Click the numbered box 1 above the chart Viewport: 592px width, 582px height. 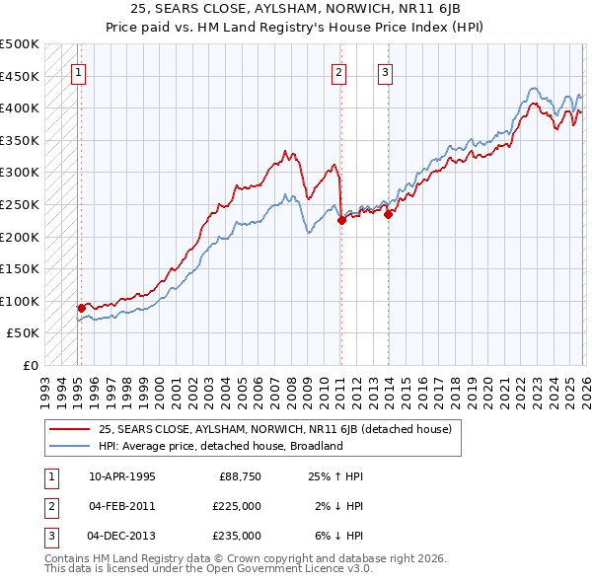coord(77,71)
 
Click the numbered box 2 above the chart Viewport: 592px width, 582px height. coord(338,71)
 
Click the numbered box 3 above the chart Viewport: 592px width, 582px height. coord(385,71)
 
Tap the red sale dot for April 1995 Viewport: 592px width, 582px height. coord(81,308)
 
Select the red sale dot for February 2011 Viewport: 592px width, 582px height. coord(340,221)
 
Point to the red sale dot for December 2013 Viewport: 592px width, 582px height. coord(388,214)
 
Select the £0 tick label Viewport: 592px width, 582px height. coord(30,365)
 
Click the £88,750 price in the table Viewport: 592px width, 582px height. coord(240,476)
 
